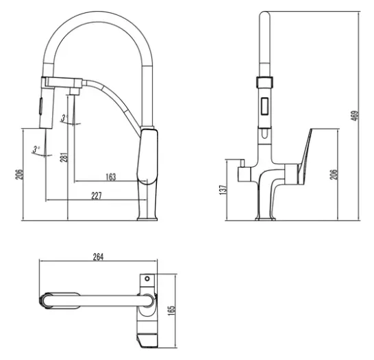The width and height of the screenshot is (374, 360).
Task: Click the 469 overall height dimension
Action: [x=355, y=116]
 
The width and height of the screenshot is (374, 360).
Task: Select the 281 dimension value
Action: [x=64, y=157]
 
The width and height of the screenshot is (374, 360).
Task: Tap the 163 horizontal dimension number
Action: [x=111, y=177]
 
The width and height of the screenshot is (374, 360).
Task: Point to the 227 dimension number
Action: [x=97, y=196]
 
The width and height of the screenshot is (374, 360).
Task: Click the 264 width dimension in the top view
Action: [x=98, y=257]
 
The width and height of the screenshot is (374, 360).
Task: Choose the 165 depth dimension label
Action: [x=171, y=311]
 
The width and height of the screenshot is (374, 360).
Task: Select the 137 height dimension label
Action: [x=223, y=190]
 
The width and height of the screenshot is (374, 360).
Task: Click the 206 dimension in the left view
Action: [x=19, y=175]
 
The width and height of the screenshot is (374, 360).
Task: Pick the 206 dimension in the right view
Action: [x=334, y=175]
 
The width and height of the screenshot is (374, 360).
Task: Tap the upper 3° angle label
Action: [x=64, y=118]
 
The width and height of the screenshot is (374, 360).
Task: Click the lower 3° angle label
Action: [x=36, y=149]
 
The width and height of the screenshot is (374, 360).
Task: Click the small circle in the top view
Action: [x=147, y=279]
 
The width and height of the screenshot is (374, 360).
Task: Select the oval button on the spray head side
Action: [x=41, y=107]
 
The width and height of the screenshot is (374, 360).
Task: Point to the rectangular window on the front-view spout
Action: [x=265, y=106]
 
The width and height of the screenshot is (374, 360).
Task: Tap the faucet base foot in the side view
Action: [x=147, y=218]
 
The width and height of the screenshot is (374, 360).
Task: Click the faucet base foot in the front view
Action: [x=265, y=218]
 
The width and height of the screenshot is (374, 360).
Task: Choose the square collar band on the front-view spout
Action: [x=265, y=82]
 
